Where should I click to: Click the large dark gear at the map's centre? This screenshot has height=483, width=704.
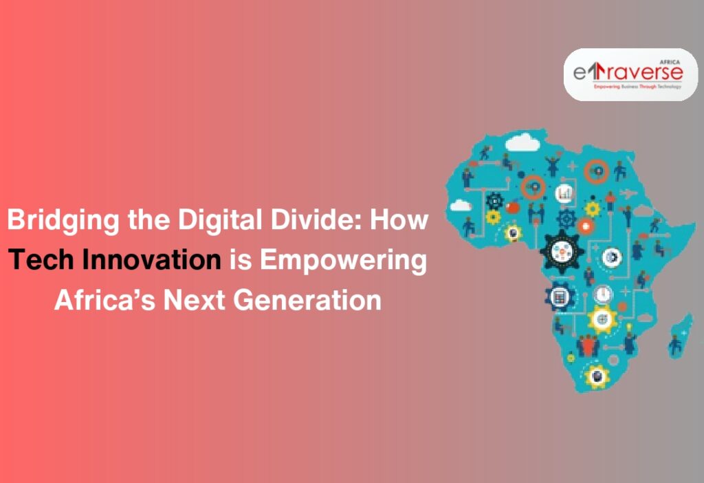point(562,252)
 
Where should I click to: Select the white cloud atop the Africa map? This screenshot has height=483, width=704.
point(520,142)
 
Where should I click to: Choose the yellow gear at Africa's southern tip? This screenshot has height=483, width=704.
point(597,375)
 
